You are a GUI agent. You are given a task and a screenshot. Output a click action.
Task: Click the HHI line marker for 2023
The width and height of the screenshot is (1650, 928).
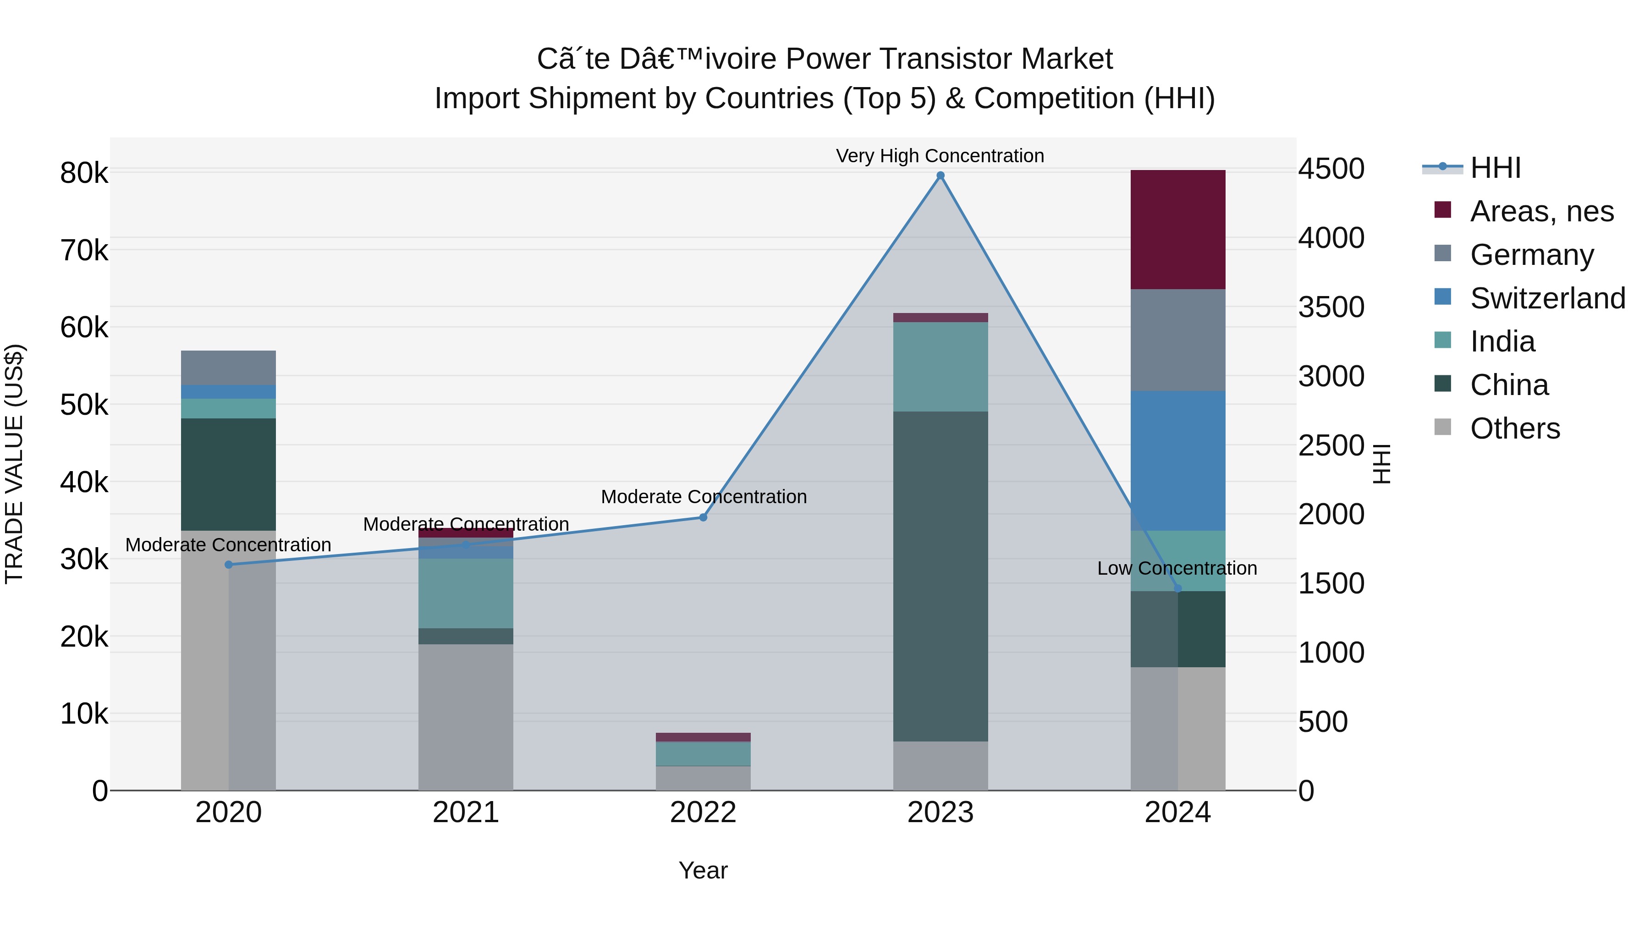[940, 176]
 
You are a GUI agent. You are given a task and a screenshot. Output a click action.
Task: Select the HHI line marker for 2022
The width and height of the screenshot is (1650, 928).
[703, 517]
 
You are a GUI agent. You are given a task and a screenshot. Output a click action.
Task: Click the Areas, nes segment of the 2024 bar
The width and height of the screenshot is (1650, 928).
[1177, 229]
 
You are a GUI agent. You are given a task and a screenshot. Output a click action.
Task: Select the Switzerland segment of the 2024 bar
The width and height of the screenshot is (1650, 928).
[1177, 461]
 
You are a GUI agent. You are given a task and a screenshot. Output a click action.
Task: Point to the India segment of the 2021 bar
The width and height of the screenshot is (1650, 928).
[466, 593]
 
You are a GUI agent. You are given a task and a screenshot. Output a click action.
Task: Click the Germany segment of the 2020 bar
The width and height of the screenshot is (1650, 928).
[229, 367]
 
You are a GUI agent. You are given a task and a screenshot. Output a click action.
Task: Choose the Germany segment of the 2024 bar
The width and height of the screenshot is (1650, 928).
[1177, 340]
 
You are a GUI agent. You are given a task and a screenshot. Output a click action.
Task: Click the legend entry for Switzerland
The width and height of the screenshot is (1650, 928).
[1547, 298]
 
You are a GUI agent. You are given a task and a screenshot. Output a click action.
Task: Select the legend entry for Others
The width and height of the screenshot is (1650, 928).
[1515, 428]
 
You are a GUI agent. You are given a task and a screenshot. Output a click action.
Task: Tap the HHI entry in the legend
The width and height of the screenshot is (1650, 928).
[1495, 168]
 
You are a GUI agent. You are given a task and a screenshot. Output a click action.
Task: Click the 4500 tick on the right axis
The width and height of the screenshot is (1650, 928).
[1331, 169]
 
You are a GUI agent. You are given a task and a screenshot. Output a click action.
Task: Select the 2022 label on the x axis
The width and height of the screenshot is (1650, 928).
[703, 813]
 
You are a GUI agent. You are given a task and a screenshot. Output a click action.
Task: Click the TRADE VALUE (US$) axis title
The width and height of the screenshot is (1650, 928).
[14, 464]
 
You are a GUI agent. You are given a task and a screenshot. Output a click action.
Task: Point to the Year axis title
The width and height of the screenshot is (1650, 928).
[703, 870]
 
